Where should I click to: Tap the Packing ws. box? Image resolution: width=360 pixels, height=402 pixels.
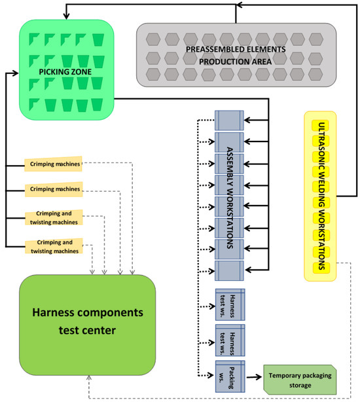tap(229, 376)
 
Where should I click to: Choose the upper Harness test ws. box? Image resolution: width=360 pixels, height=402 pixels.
tap(229, 304)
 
